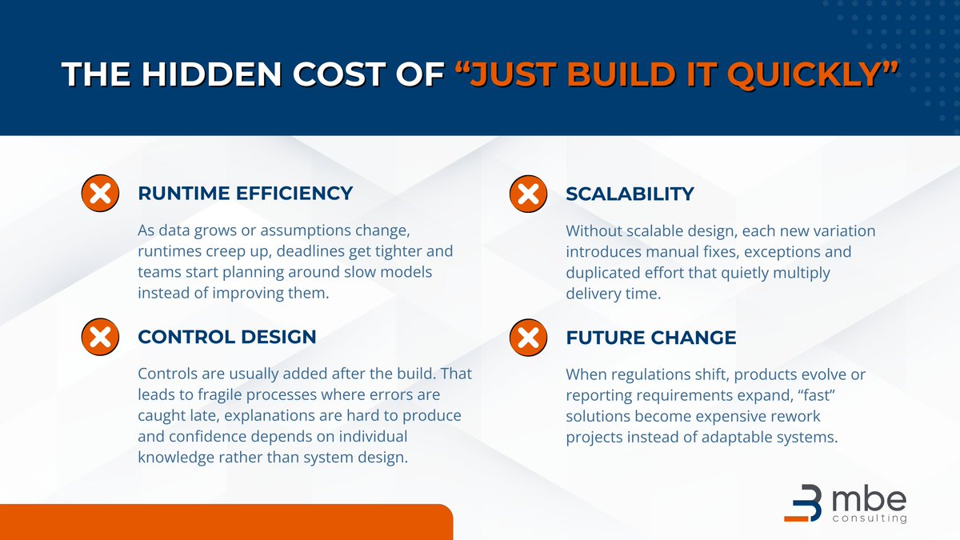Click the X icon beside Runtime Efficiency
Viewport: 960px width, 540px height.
(x=100, y=194)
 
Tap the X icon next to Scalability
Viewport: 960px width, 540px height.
(x=528, y=194)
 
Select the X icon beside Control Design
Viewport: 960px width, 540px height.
(x=100, y=338)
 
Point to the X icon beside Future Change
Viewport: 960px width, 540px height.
(x=528, y=338)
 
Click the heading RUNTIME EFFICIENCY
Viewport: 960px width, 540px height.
(x=245, y=193)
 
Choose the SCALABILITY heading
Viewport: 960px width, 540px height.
(x=630, y=194)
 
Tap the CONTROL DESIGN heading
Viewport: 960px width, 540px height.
(x=227, y=337)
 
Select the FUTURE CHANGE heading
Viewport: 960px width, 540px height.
(x=650, y=338)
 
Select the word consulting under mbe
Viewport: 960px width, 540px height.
(x=870, y=518)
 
